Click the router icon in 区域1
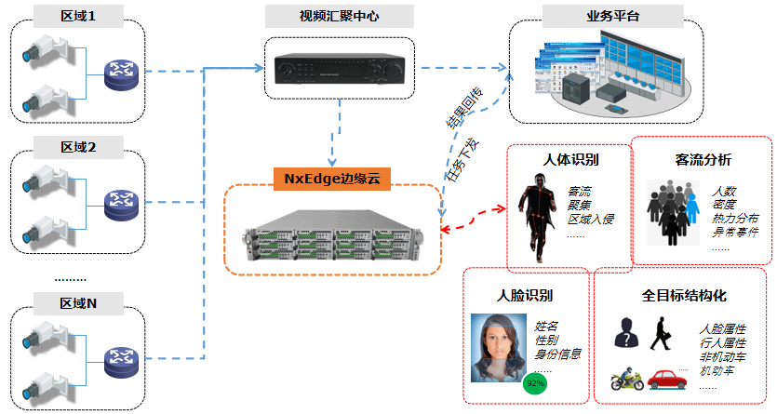point(118,72)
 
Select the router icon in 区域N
point(118,358)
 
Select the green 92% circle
point(535,382)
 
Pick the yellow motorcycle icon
point(627,381)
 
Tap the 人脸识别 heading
point(525,296)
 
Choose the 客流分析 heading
point(703,159)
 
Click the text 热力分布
point(735,218)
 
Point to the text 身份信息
point(558,354)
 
